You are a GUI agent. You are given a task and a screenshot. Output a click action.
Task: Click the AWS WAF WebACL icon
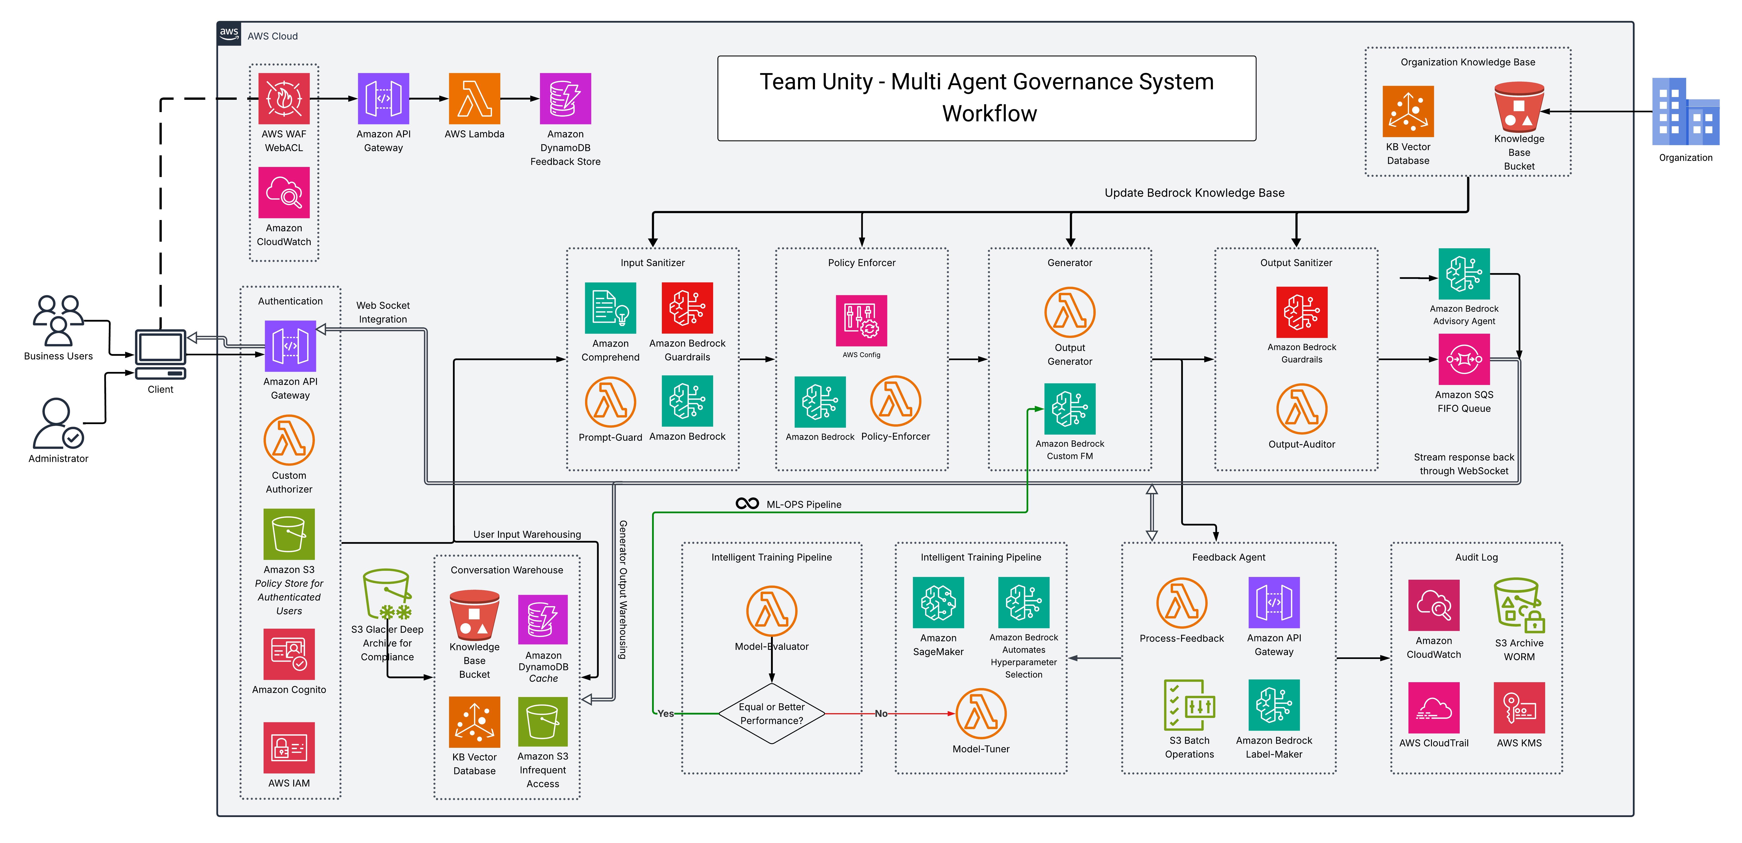(x=284, y=99)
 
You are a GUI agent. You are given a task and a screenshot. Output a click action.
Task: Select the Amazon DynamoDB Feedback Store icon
(x=565, y=99)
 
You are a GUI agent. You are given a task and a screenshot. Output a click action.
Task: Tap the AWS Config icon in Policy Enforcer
(x=861, y=320)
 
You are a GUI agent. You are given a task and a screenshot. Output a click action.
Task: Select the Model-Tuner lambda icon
(x=981, y=714)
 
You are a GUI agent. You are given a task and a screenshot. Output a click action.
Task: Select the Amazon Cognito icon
(x=289, y=654)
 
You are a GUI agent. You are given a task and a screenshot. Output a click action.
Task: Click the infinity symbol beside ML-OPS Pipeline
(x=747, y=504)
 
